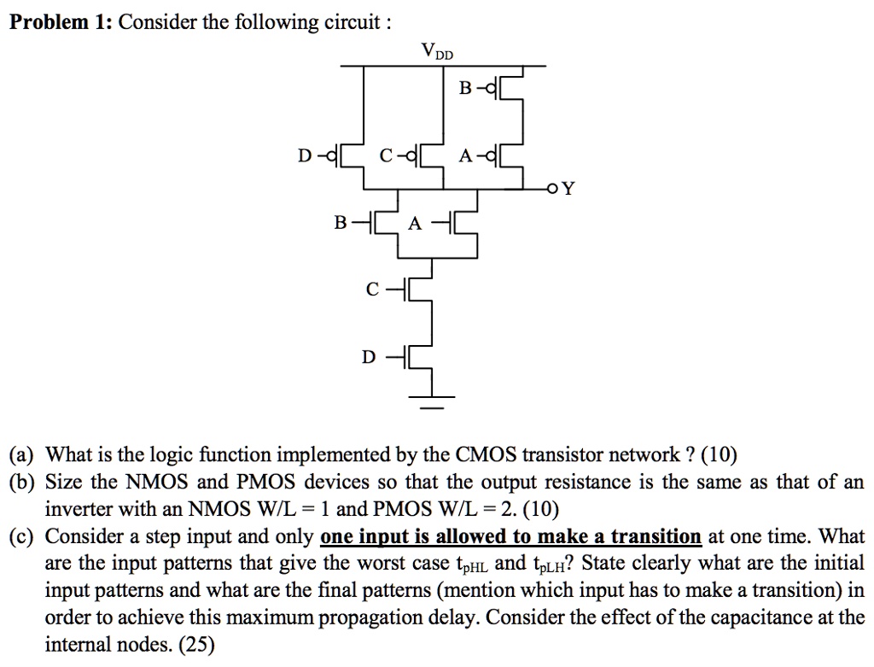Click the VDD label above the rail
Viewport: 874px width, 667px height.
click(438, 53)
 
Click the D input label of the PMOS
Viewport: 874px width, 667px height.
click(305, 156)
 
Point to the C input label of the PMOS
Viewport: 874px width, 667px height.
click(387, 156)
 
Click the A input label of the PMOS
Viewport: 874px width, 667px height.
click(465, 156)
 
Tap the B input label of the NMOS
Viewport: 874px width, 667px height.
click(340, 224)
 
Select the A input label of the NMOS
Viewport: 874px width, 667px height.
click(415, 224)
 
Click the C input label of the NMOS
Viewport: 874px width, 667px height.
click(371, 290)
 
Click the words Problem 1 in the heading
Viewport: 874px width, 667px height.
click(59, 21)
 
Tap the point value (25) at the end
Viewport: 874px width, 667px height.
click(197, 645)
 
